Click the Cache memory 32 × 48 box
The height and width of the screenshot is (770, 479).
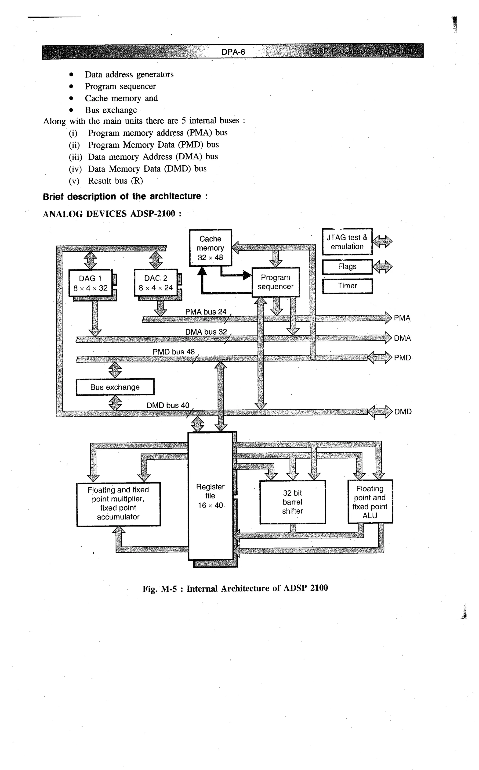(x=210, y=248)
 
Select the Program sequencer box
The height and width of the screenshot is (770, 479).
(x=275, y=282)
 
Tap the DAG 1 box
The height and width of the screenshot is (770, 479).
(x=90, y=283)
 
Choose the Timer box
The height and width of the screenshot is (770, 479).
(x=347, y=286)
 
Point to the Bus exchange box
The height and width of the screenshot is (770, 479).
(x=115, y=387)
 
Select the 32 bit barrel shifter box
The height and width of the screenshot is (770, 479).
(x=292, y=502)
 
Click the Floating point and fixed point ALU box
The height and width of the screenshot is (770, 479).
(x=370, y=502)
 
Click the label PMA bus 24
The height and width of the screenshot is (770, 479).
(x=206, y=312)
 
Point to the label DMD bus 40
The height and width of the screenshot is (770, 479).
(x=168, y=405)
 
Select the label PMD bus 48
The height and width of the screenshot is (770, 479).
(x=174, y=352)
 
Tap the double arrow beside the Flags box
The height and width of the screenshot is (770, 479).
(x=382, y=267)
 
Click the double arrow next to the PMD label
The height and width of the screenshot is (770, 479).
(x=380, y=358)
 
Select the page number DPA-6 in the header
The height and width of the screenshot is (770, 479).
(x=233, y=52)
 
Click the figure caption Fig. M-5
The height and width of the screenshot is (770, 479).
(x=235, y=589)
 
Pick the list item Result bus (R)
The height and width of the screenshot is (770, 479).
(x=115, y=181)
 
